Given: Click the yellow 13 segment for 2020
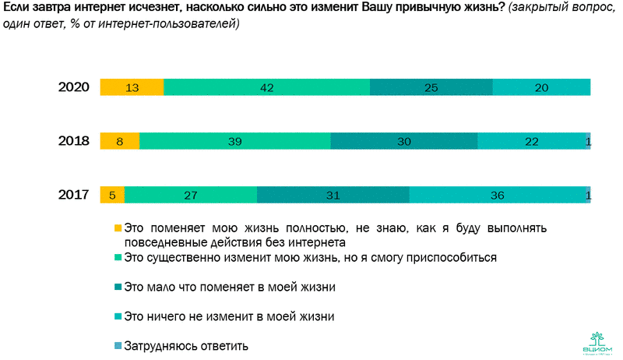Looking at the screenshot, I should (132, 87).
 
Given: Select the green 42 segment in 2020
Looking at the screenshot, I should (266, 87).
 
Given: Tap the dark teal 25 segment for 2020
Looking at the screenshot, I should (431, 87).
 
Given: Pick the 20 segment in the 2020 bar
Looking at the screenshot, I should (541, 87).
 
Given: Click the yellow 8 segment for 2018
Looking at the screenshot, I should (120, 141).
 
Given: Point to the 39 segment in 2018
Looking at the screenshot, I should (235, 141).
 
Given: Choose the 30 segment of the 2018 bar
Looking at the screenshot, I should (403, 141).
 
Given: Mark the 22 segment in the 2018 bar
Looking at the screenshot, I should (531, 141).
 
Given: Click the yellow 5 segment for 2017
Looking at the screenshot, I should (112, 195).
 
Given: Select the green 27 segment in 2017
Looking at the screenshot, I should (190, 195).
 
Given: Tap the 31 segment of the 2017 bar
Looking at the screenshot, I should (333, 195).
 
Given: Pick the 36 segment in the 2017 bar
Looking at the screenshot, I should (498, 195).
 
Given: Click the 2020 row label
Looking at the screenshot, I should (75, 87).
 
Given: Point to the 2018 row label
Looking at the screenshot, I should (75, 141).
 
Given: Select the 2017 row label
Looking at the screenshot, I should (75, 195).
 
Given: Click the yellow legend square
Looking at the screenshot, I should (118, 228).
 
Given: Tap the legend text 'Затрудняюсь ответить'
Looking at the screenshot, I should (186, 345).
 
